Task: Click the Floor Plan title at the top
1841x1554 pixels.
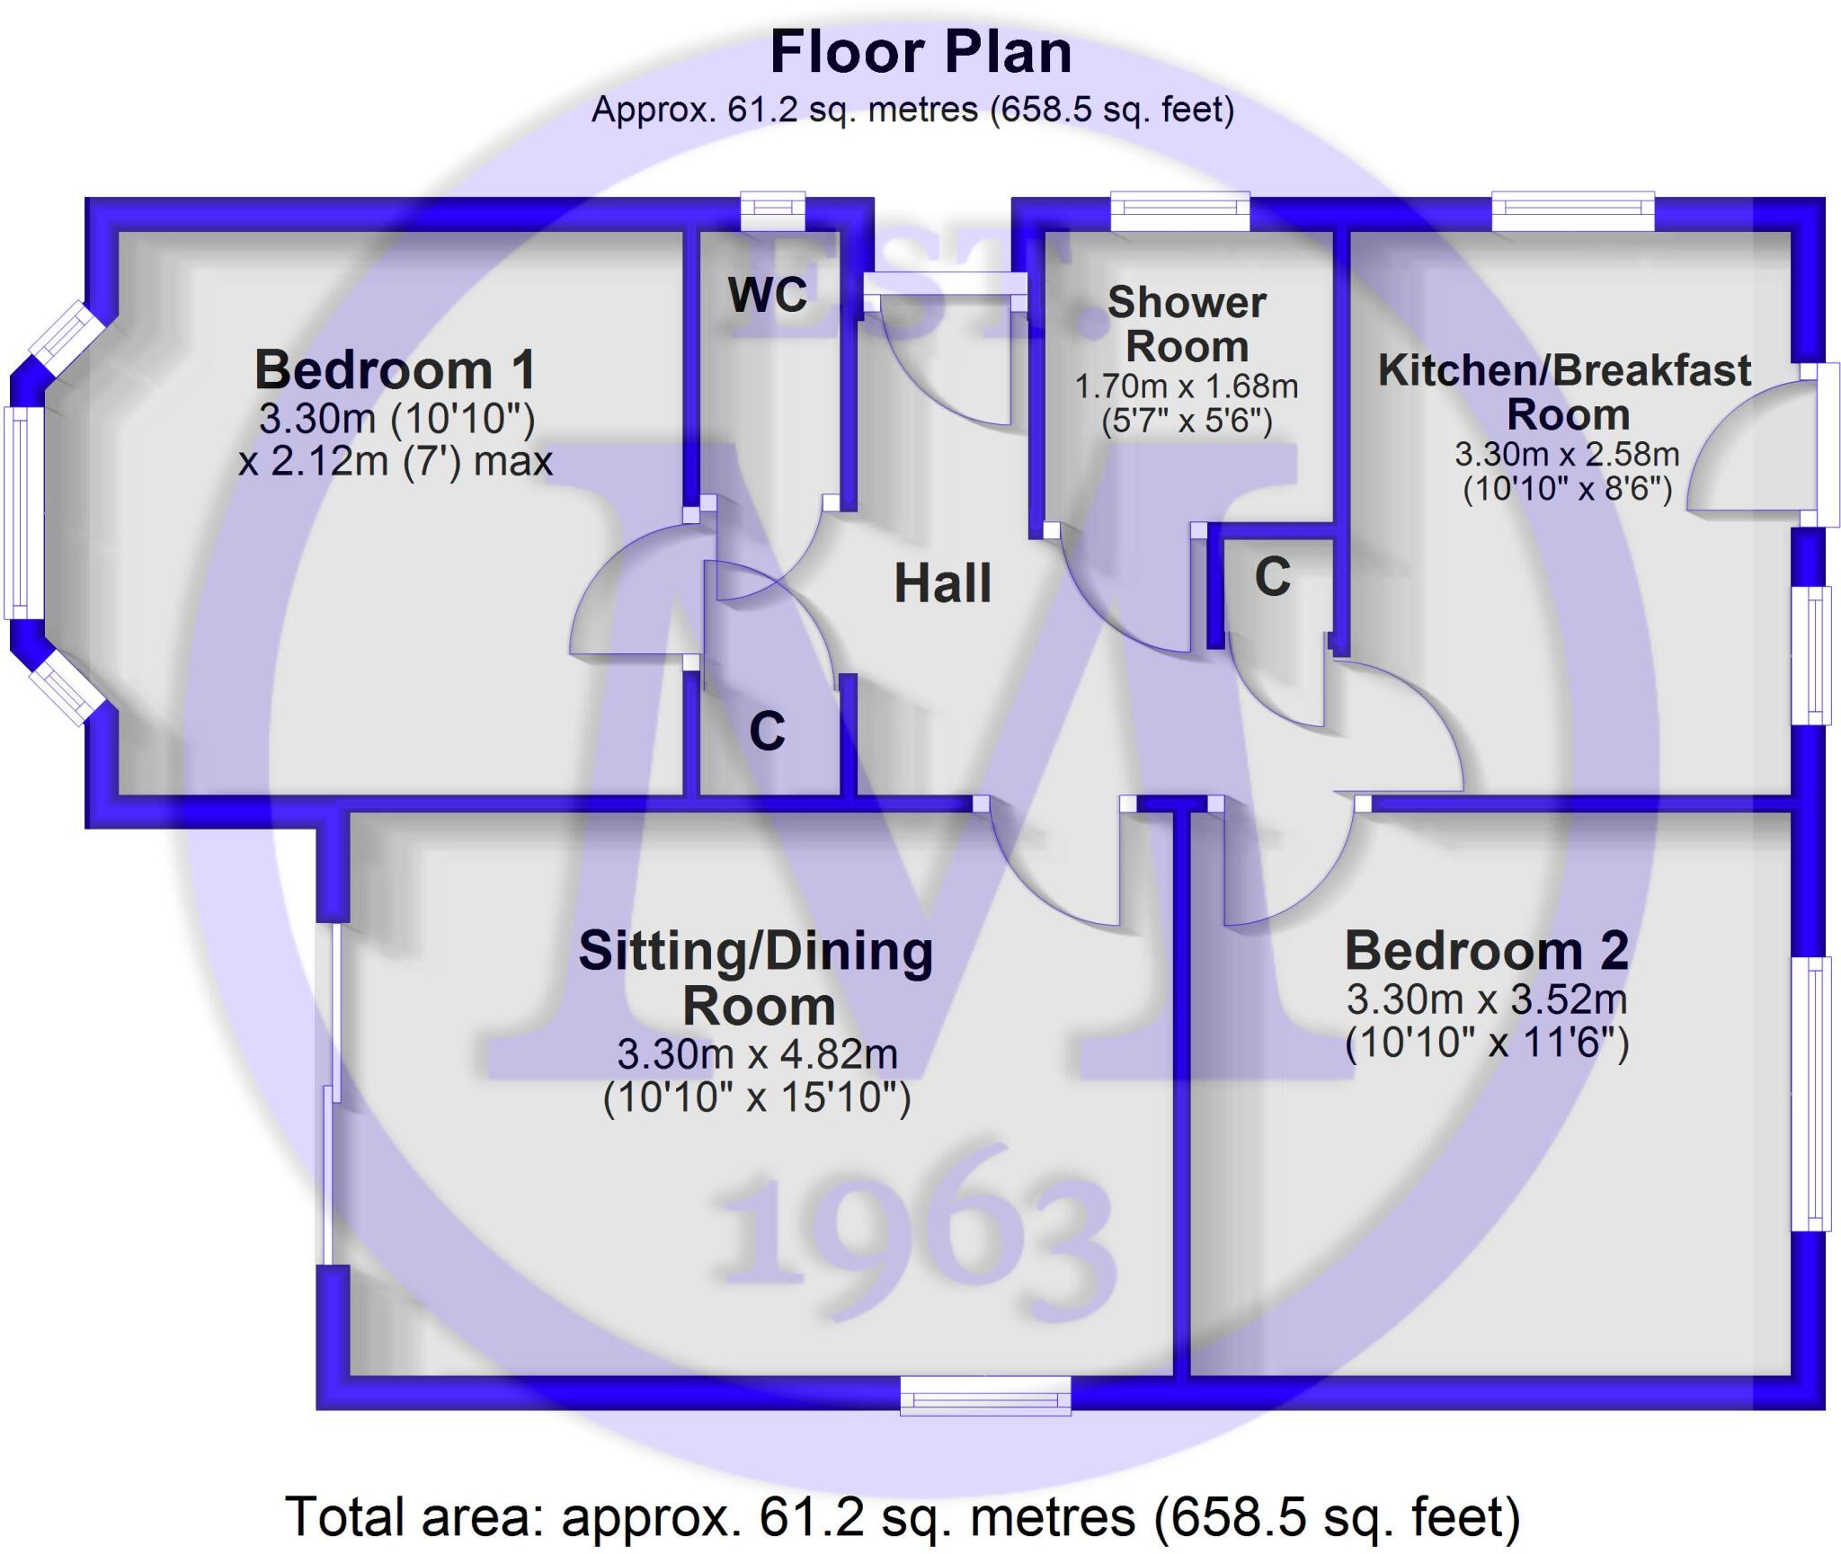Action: pos(920,52)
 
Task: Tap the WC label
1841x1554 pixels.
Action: pos(768,295)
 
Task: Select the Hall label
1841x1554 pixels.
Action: pos(942,583)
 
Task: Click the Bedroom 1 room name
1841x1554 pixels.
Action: pos(396,369)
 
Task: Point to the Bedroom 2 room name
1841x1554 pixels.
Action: pos(1486,951)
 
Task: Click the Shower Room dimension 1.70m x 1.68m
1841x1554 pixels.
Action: pos(1187,387)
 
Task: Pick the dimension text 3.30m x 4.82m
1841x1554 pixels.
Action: pos(757,1053)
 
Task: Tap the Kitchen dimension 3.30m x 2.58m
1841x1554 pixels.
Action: pos(1567,454)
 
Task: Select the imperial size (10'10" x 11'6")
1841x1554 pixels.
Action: pos(1486,1043)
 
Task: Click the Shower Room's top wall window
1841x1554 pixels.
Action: pos(1179,210)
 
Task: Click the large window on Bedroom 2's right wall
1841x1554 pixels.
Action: pos(1810,1093)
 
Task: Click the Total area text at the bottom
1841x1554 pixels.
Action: pos(902,1517)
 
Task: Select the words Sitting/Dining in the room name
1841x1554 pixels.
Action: pos(755,952)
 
